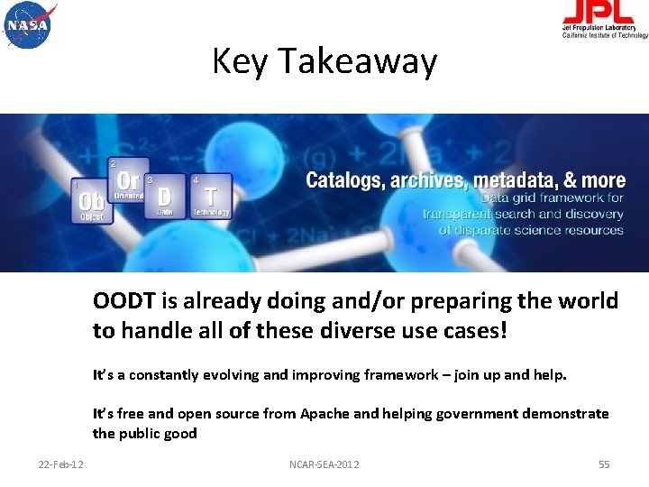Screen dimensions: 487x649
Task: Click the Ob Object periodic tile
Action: [90, 201]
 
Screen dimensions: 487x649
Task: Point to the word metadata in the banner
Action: [508, 180]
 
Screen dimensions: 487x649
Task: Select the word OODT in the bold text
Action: [122, 301]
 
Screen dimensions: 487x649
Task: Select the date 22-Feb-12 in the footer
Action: [61, 464]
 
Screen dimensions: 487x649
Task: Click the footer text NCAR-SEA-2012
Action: [324, 464]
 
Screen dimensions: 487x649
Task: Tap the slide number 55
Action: [604, 464]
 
